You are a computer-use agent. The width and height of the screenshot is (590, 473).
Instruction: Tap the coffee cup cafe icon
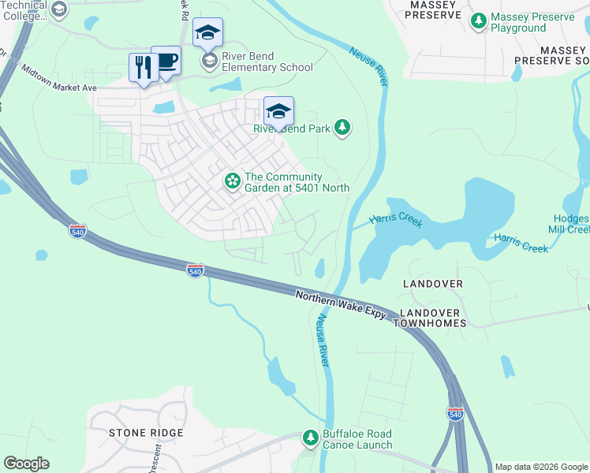pos(167,61)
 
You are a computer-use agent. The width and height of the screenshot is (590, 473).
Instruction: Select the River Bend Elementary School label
pos(267,61)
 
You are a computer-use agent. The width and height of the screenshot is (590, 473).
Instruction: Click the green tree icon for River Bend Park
pos(342,128)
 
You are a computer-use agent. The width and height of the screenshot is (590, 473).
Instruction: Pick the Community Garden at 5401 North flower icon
pos(233,181)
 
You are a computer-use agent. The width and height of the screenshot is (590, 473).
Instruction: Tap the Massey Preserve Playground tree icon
pos(478,21)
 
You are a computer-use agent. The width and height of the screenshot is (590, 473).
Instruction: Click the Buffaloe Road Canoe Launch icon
pos(311,438)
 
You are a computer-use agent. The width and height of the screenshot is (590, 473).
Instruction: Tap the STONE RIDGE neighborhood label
pos(146,433)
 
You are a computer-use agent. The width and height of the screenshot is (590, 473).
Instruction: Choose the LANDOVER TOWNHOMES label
pos(432,318)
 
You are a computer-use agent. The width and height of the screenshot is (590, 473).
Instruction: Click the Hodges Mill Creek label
pos(569,224)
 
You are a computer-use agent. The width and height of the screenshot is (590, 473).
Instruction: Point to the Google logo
pos(26,464)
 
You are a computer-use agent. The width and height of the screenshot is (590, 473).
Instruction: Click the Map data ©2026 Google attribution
pos(540,467)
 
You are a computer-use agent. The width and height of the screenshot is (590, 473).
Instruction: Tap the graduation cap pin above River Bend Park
pos(278,110)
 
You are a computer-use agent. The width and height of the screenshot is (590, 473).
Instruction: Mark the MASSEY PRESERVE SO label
pos(552,55)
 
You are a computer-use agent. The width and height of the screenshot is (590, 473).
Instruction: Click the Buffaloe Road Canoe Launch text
pos(357,439)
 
